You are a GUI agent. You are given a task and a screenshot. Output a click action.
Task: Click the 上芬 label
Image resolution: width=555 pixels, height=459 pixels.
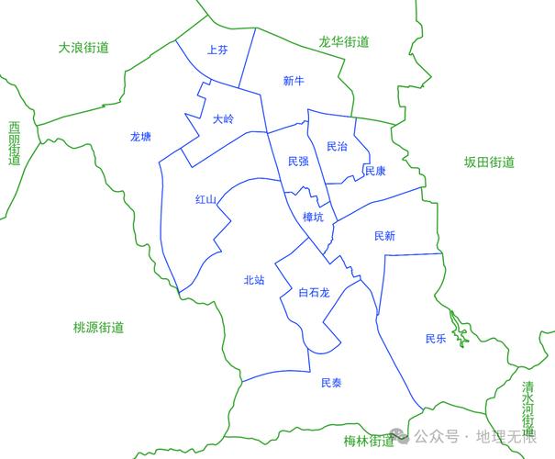(217, 50)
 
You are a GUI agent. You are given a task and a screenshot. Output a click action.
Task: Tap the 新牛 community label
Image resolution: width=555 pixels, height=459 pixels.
(294, 82)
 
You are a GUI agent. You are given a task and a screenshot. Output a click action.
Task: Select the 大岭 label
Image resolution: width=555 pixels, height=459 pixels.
(223, 118)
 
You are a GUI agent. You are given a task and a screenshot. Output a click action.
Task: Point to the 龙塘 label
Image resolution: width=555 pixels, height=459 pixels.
(140, 137)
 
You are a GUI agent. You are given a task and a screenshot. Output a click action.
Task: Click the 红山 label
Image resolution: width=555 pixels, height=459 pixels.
(205, 199)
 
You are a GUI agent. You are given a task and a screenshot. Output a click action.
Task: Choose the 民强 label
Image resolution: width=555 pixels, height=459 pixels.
(297, 162)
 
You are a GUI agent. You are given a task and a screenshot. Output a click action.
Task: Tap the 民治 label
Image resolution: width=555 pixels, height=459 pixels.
(337, 147)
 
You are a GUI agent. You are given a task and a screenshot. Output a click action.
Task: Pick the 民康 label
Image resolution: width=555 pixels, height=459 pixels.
(375, 171)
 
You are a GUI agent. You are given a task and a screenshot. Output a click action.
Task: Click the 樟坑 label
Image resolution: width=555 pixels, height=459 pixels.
(314, 218)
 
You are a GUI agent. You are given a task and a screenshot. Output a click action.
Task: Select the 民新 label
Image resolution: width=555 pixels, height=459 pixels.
(385, 236)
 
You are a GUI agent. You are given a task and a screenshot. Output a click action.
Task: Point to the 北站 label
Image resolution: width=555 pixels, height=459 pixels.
(254, 280)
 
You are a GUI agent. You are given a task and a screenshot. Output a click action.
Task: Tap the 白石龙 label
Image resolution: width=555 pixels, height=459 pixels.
(314, 293)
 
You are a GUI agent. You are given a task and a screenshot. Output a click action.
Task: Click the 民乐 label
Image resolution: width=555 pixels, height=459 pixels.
(436, 339)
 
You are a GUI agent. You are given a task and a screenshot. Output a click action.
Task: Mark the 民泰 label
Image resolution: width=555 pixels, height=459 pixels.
(331, 383)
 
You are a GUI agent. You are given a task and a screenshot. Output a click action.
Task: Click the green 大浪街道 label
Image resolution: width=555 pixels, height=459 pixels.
(83, 47)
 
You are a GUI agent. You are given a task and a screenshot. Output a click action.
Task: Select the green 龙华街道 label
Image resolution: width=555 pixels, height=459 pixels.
(344, 41)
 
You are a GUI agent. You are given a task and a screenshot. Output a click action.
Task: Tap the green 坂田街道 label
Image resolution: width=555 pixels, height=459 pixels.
(489, 162)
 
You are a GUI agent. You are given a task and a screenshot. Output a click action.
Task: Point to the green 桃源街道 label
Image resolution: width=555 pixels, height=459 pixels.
(98, 328)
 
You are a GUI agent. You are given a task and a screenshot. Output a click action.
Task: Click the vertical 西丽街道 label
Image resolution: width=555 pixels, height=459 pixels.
(14, 143)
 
